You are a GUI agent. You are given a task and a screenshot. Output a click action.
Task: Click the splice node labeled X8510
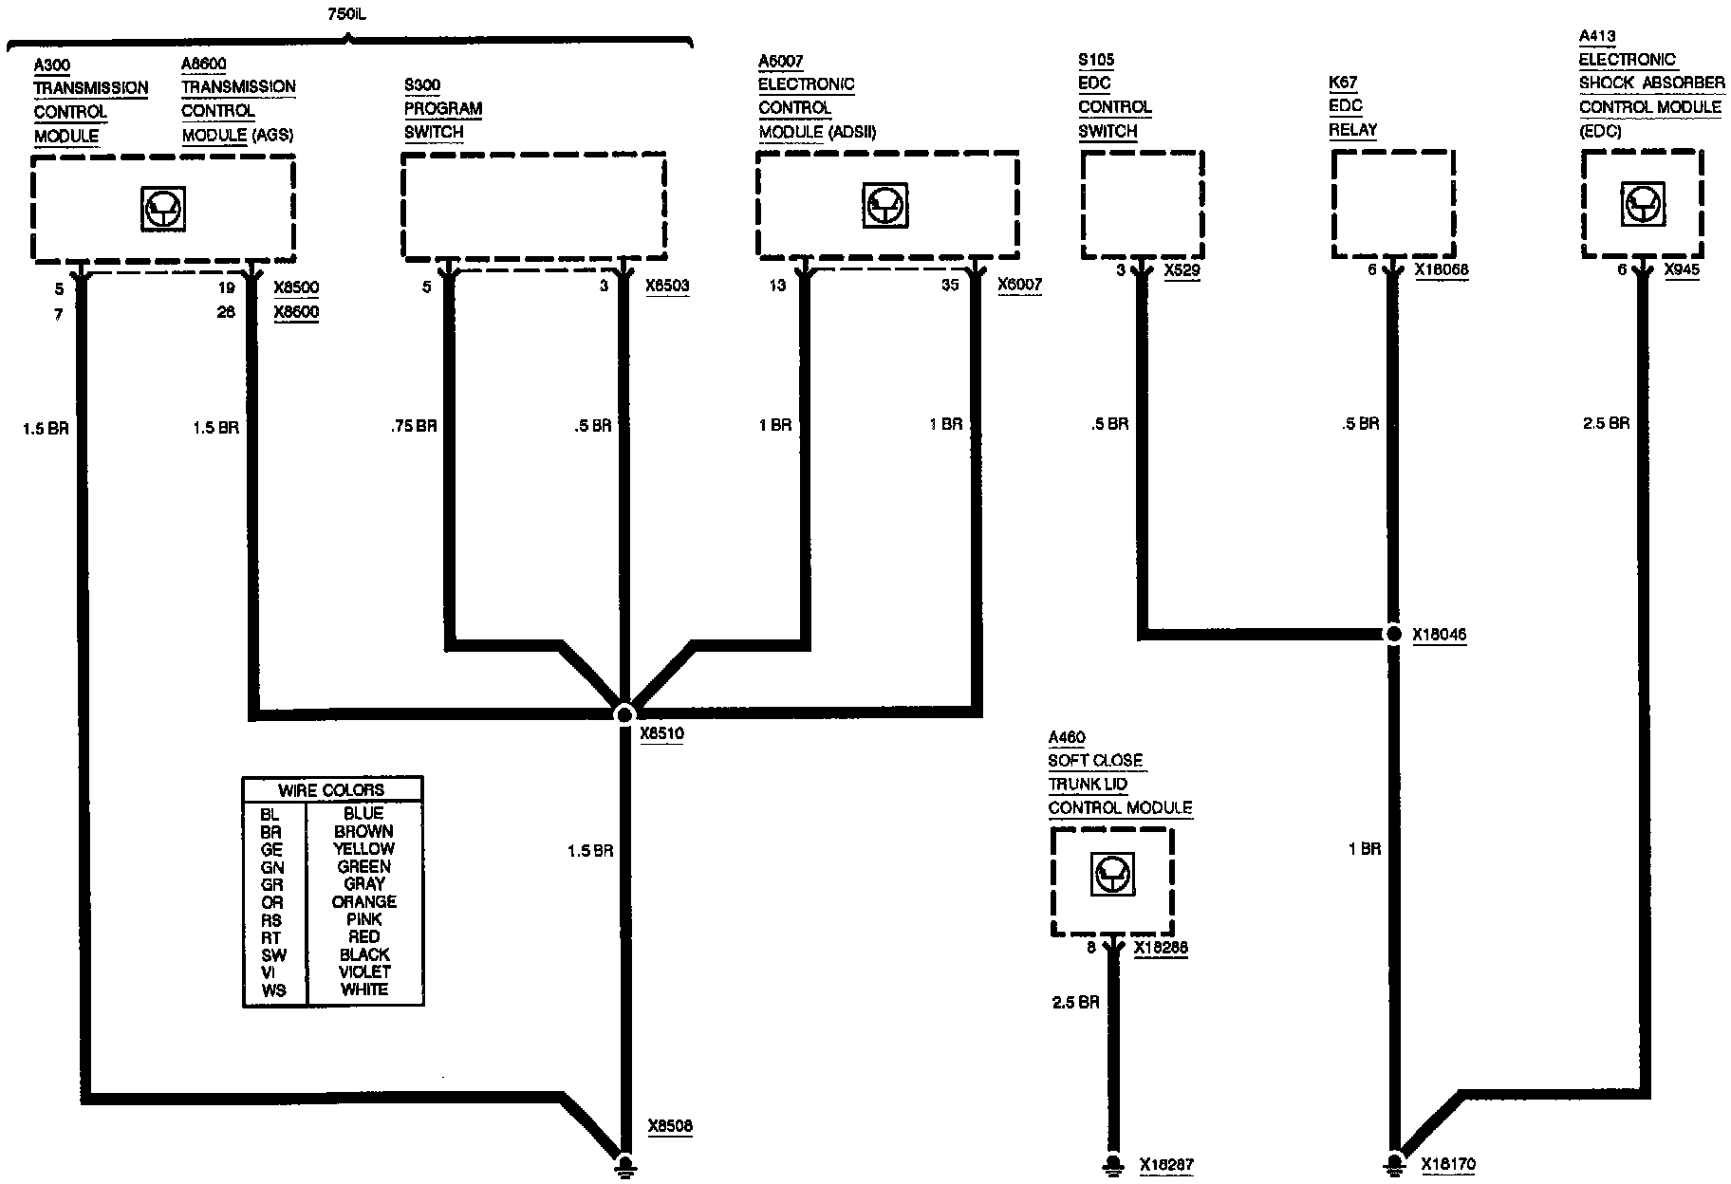(x=624, y=713)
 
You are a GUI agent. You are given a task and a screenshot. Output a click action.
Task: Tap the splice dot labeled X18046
(x=1392, y=634)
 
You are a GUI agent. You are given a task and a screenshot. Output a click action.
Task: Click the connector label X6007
(x=1019, y=285)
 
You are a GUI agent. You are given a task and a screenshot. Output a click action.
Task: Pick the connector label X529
(x=1182, y=270)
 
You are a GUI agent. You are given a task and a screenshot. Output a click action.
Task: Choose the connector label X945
(x=1682, y=270)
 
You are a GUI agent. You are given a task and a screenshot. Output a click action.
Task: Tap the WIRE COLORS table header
(x=331, y=790)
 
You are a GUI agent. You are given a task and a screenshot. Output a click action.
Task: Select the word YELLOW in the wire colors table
(x=363, y=849)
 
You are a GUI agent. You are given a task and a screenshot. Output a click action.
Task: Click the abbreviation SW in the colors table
(x=273, y=955)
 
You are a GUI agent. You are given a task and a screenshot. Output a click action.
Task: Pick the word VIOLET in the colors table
(x=363, y=972)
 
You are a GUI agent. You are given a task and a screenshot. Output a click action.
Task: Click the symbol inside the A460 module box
(x=1111, y=875)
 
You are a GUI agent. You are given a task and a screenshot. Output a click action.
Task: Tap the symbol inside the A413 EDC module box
(x=1642, y=204)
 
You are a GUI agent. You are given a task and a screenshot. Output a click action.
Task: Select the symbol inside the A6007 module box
(x=886, y=204)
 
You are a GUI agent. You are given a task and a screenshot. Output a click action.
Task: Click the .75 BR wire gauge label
(x=414, y=426)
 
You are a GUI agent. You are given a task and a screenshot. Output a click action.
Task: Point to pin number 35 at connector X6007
(x=950, y=285)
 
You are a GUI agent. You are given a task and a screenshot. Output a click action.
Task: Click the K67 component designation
(x=1343, y=83)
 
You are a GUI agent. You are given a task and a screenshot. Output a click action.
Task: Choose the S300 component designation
(x=422, y=85)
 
